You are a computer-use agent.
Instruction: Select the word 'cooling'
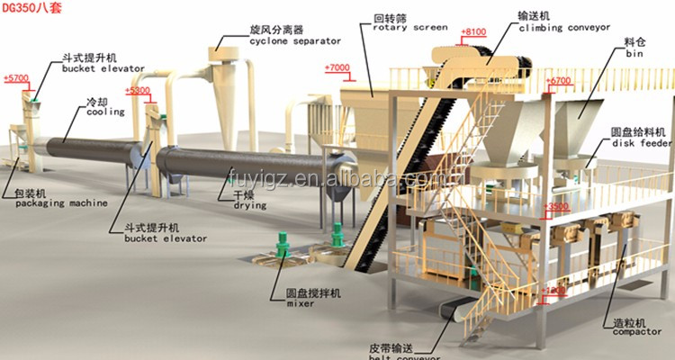coord(100,113)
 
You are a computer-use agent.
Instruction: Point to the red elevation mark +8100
coord(472,32)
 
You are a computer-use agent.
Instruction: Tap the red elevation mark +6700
coord(558,81)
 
